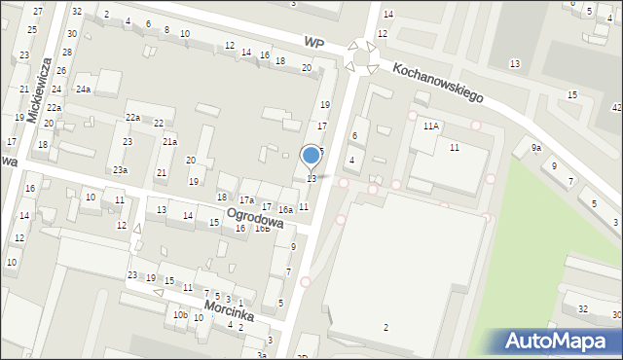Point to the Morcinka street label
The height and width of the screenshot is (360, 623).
pyautogui.click(x=230, y=310)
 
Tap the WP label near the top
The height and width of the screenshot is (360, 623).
pyautogui.click(x=312, y=43)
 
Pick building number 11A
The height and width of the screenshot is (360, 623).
pyautogui.click(x=430, y=126)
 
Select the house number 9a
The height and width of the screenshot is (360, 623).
pyautogui.click(x=535, y=148)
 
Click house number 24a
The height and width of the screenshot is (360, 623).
pyautogui.click(x=84, y=90)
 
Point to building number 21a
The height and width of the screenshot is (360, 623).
pyautogui.click(x=169, y=142)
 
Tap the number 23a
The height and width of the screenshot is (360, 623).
pyautogui.click(x=119, y=170)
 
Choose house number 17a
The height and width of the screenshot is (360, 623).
pyautogui.click(x=247, y=199)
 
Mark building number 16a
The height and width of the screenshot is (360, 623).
pyautogui.click(x=285, y=209)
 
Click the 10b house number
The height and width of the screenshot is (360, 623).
pyautogui.click(x=180, y=315)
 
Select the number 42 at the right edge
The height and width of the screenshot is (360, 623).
pyautogui.click(x=616, y=107)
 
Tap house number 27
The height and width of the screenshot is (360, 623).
pyautogui.click(x=37, y=11)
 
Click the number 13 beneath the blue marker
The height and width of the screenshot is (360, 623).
pyautogui.click(x=311, y=178)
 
